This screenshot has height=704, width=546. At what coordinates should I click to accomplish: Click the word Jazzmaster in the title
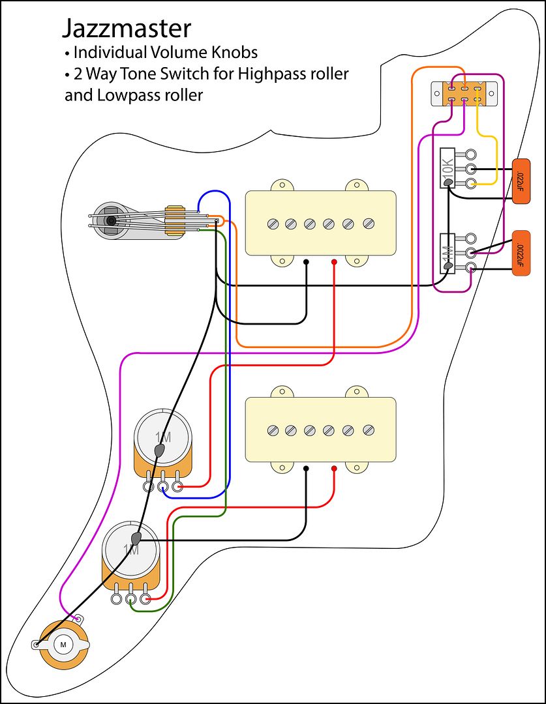click(127, 29)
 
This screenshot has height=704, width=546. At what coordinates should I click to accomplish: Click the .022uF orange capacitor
click(520, 181)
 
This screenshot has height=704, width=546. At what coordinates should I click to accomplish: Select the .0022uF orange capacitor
click(520, 254)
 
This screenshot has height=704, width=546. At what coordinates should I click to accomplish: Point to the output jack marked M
click(63, 644)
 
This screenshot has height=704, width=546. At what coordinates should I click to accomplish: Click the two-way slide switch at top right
click(462, 93)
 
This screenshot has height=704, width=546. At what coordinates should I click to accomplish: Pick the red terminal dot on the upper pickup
click(334, 262)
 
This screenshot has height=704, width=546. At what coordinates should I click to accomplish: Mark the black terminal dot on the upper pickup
click(307, 262)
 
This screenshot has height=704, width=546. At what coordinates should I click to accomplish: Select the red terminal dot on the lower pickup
click(334, 468)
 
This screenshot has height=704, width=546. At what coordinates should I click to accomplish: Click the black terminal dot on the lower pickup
click(307, 468)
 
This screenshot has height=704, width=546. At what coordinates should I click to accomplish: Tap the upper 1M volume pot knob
click(164, 437)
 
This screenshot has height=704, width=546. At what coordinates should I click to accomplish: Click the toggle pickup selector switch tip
click(111, 221)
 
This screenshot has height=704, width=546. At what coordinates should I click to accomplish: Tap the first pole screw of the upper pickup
click(272, 224)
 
